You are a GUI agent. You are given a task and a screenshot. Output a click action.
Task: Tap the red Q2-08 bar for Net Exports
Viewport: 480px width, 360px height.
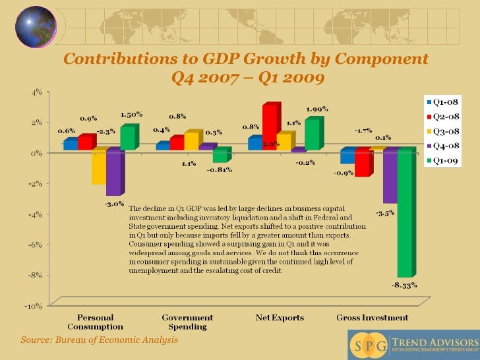pos(269,127)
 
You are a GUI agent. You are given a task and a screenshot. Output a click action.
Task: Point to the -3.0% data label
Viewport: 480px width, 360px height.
pos(114,204)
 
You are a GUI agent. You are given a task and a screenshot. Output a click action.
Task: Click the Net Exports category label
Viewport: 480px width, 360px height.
pos(280,318)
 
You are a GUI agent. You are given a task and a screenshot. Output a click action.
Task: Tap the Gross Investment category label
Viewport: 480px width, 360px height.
pos(372,318)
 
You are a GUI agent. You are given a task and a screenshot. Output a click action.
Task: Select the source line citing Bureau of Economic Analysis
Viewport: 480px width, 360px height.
pos(99,340)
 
